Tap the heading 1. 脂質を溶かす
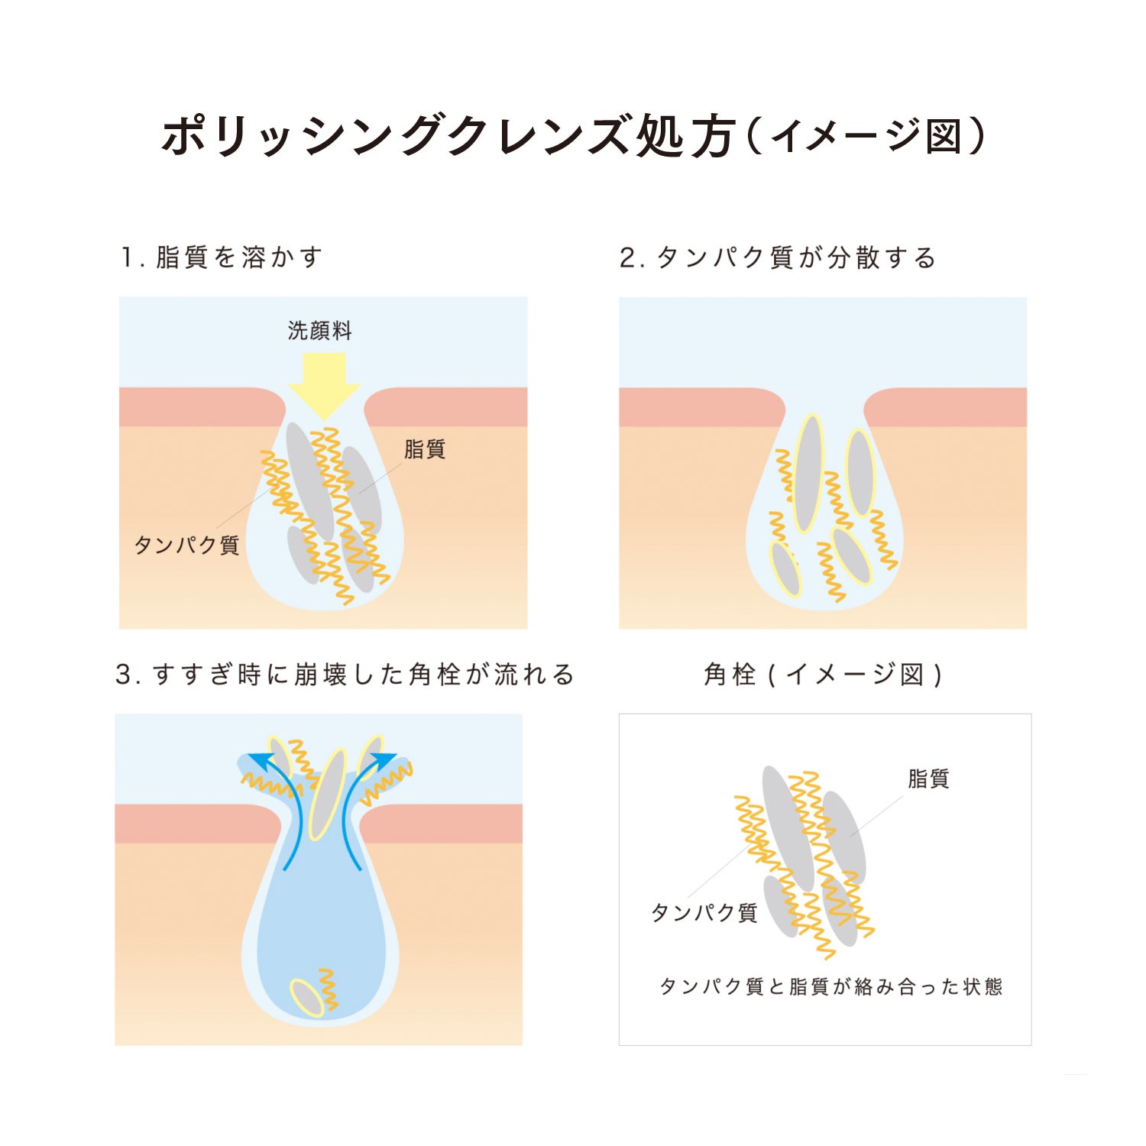(x=222, y=257)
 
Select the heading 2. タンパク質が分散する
(x=778, y=257)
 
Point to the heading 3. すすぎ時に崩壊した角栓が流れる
(x=345, y=675)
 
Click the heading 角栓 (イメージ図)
(x=823, y=675)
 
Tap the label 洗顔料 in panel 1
(x=320, y=331)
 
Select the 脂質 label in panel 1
(x=425, y=449)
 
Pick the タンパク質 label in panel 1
(x=187, y=545)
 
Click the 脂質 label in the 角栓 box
(x=928, y=779)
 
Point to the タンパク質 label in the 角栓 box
(x=704, y=912)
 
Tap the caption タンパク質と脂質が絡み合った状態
(x=830, y=986)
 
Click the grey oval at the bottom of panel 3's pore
(x=307, y=998)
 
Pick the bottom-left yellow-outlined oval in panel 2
(x=785, y=568)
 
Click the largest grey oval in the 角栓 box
(x=788, y=829)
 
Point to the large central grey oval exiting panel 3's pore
(x=327, y=795)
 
